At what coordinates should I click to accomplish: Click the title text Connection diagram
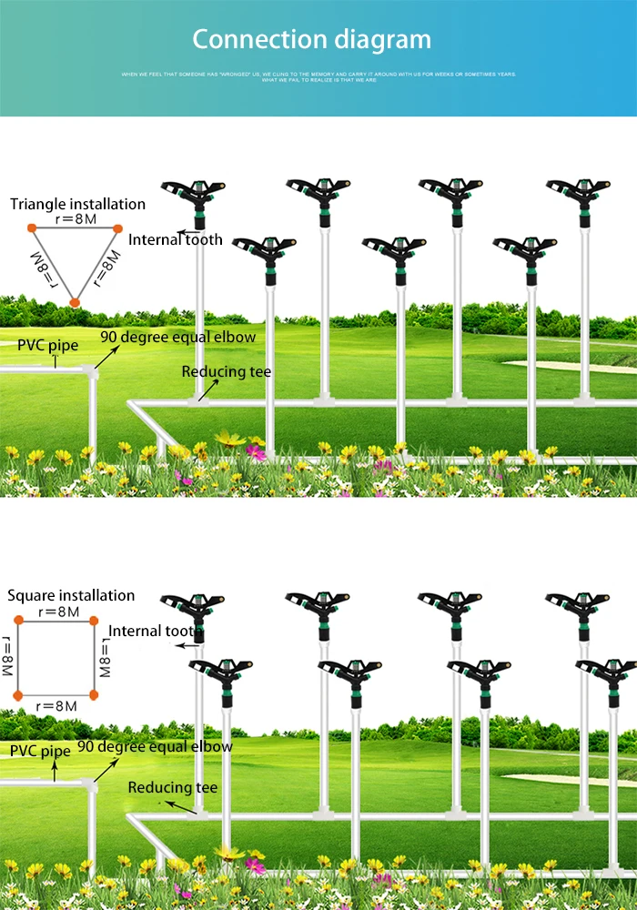311,40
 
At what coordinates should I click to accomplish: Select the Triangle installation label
78,204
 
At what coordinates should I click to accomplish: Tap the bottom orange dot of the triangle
75,301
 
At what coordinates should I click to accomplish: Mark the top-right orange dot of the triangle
117,227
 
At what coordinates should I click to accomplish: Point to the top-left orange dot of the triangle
31,227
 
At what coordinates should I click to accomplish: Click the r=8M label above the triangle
75,218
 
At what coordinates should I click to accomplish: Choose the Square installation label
71,596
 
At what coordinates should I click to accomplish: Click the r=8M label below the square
56,705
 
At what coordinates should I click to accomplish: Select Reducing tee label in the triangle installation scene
226,371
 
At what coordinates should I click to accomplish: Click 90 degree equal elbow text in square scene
155,746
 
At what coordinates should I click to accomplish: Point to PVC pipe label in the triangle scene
47,346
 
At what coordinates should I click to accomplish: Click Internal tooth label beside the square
155,631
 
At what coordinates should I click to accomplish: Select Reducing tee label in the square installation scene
173,787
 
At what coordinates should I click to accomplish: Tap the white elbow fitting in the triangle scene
92,372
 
